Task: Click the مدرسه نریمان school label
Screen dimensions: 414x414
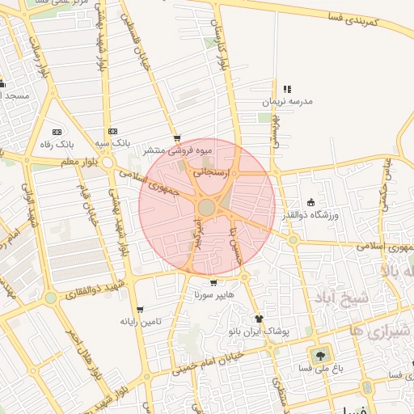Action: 286,103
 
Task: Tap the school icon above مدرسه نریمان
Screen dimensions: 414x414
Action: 286,90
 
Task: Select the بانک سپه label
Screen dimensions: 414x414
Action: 112,143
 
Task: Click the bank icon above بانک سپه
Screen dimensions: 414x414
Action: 112,131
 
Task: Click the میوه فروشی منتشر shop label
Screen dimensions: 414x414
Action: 177,150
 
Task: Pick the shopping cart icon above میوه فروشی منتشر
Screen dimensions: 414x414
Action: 177,138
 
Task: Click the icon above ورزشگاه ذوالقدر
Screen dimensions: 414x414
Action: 311,202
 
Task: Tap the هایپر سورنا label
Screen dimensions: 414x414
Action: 213,295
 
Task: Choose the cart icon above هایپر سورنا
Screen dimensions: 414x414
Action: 213,283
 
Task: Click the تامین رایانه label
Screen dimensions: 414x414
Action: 141,322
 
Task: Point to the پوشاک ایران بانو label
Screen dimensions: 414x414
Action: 259,332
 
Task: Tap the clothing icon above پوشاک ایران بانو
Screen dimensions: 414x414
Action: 259,319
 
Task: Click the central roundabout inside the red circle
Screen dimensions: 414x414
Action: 207,208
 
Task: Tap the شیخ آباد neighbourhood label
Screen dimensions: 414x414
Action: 343,299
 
